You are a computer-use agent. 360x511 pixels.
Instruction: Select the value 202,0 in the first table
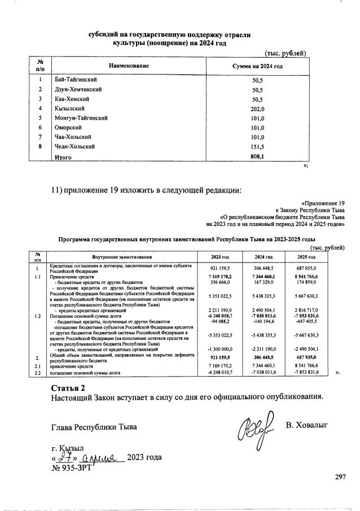coord(258,109)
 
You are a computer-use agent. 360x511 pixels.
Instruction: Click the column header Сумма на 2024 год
coord(257,67)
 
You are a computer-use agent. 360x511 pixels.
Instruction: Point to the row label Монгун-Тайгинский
coord(81,118)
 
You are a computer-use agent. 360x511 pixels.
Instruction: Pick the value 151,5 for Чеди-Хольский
coord(258,147)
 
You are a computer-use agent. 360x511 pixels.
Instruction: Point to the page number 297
coord(340,478)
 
